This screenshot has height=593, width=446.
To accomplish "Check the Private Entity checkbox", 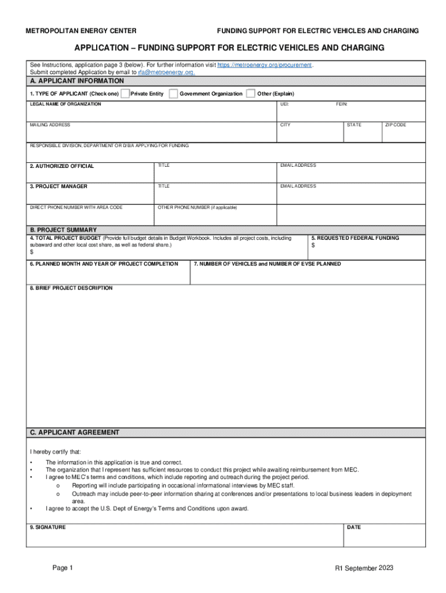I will click(125, 94).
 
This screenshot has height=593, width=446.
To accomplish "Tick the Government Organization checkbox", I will click(173, 94).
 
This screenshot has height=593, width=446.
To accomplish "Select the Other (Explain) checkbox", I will click(251, 94).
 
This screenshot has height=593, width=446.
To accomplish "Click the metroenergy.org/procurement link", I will click(264, 65).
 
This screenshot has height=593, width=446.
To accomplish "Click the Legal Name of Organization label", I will click(65, 104).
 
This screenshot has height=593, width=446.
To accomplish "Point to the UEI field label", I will click(284, 104).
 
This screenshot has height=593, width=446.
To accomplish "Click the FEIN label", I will click(342, 104).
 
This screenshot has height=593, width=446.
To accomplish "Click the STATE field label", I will click(354, 125).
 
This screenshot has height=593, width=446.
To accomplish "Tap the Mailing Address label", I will click(50, 125).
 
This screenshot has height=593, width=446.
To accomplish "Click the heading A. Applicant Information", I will click(76, 81).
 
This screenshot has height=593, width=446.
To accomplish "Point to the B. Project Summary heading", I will click(63, 230).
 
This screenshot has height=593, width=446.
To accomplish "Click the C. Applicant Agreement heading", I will click(75, 433).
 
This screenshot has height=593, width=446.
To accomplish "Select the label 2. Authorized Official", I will click(61, 166).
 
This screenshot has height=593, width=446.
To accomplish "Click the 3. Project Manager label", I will click(59, 186).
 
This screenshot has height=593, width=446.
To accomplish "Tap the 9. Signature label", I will click(47, 528).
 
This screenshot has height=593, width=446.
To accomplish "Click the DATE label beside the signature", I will click(354, 528).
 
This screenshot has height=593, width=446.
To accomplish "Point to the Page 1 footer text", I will click(63, 568).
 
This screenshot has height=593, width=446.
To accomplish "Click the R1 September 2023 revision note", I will click(364, 568).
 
